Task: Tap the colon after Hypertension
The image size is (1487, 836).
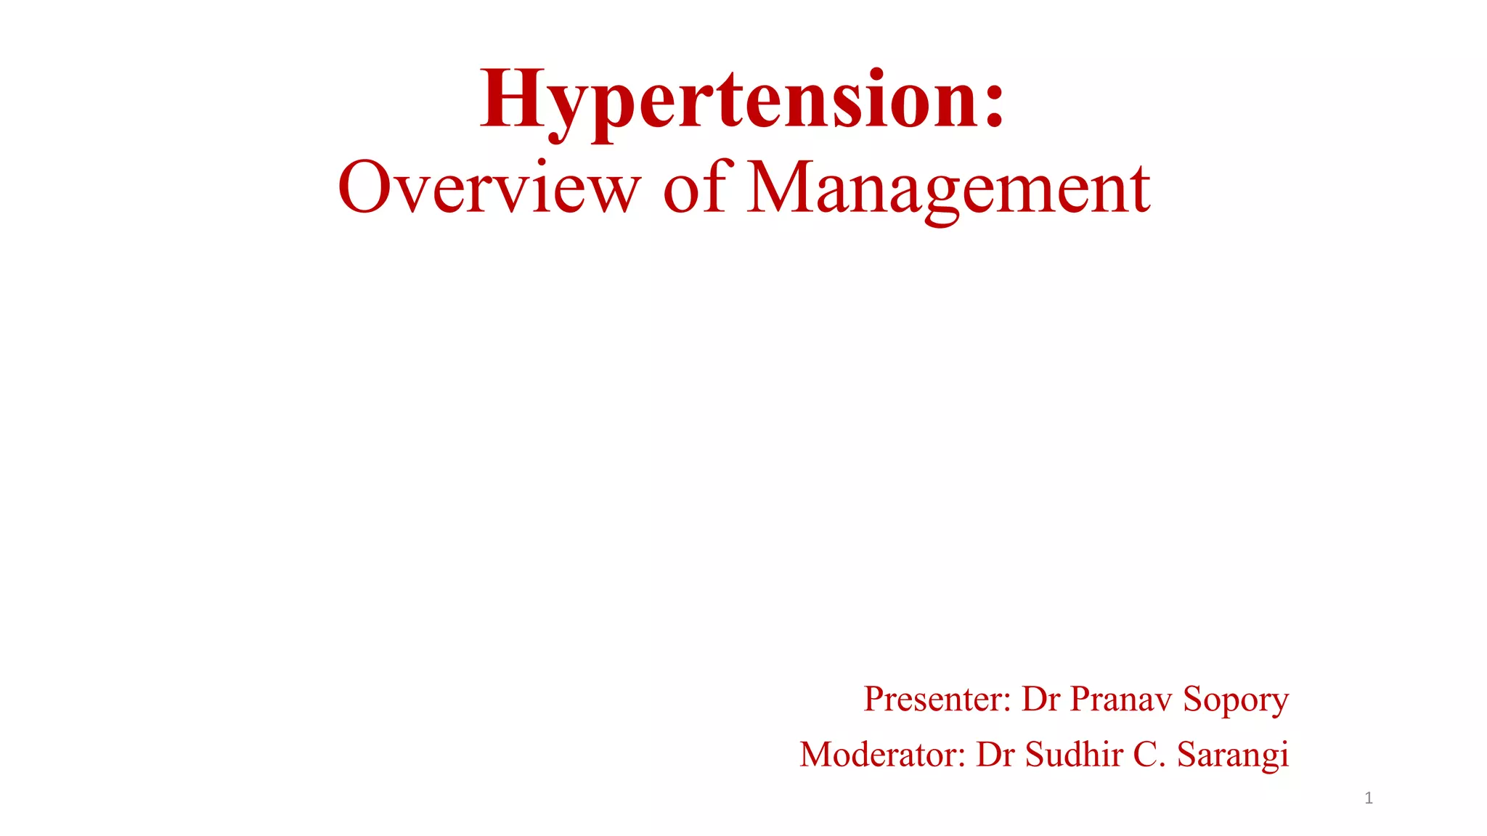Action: click(994, 102)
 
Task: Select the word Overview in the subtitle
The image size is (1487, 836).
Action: click(489, 188)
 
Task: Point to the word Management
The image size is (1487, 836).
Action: click(948, 188)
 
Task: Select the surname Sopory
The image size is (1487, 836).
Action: click(1236, 700)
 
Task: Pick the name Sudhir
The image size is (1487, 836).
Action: click(1074, 754)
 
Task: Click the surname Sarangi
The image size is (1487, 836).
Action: click(1233, 755)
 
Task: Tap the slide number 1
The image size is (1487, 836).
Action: click(1369, 799)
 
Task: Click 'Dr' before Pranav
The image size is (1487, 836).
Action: click(1040, 699)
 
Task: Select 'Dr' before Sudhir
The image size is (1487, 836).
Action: click(995, 755)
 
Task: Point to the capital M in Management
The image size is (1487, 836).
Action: click(779, 187)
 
